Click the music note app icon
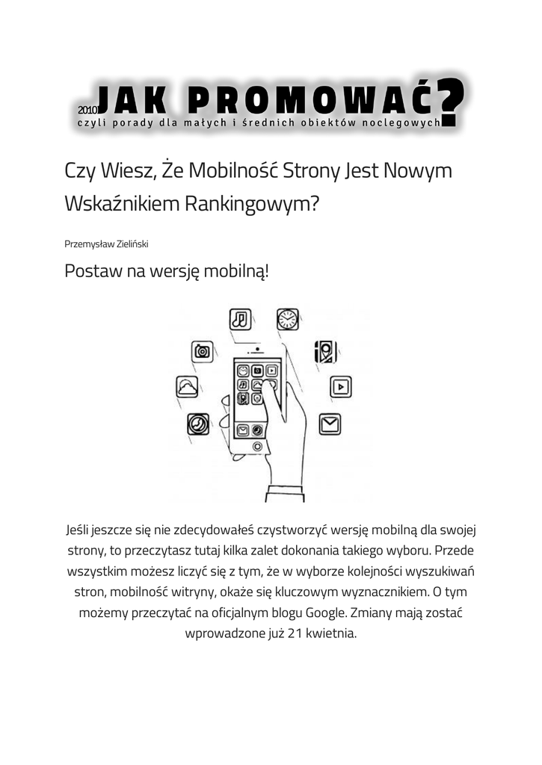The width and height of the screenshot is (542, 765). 239,319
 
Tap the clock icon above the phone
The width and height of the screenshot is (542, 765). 287,319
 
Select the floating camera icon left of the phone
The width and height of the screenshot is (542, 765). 202,351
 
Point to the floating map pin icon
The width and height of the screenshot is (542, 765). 325,351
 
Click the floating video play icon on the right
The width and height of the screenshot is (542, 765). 340,387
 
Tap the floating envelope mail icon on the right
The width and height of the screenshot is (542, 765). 330,424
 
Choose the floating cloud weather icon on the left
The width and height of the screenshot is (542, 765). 187,387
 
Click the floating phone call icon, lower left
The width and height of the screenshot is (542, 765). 198,424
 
